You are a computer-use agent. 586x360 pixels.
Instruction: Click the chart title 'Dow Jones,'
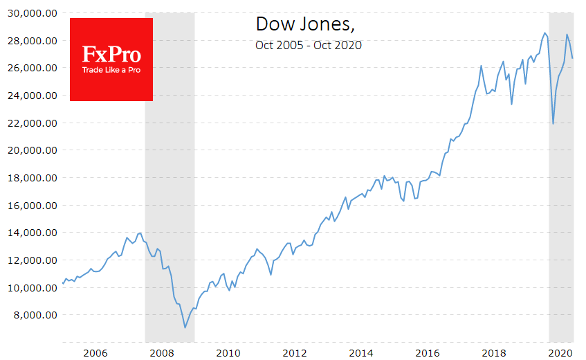point(305,24)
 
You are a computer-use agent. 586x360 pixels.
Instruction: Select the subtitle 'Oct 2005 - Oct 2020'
point(308,46)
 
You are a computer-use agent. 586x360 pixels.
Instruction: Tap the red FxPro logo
point(111,59)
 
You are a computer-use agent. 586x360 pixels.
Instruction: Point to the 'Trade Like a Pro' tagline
point(111,70)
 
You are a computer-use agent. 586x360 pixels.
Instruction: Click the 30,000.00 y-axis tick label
point(30,13)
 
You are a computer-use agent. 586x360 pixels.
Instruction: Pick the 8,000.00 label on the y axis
point(33,315)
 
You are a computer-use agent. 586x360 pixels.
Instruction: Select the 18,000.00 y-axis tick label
point(30,178)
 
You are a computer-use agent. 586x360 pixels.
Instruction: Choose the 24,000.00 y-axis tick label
point(30,96)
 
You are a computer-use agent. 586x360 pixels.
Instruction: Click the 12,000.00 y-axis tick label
point(30,260)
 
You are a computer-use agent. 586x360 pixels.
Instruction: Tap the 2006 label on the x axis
point(95,353)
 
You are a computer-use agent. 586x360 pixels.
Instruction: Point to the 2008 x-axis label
point(162,353)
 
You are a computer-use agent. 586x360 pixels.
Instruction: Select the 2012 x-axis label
point(295,353)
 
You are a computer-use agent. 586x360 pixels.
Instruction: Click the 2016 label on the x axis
point(429,353)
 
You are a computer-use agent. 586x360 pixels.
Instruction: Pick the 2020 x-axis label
point(562,353)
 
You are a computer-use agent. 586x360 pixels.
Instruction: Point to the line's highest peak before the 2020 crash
point(544,33)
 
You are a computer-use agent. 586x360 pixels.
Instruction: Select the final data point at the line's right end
point(573,58)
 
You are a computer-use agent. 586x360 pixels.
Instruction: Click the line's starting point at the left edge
point(63,283)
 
